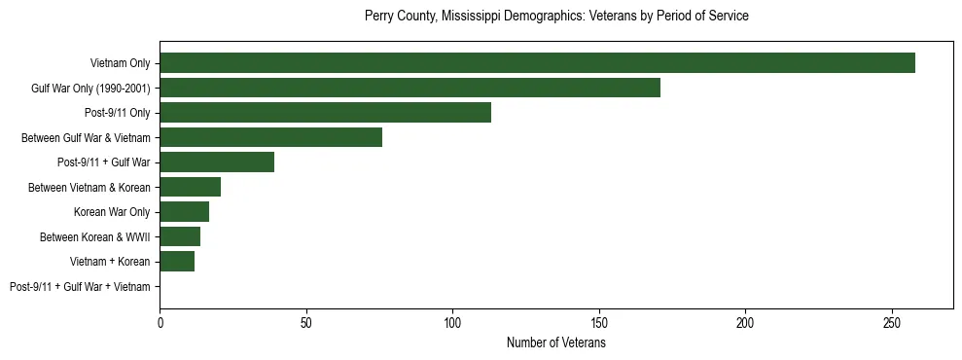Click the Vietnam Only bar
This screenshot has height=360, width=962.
point(537,63)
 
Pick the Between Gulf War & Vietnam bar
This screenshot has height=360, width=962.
point(270,137)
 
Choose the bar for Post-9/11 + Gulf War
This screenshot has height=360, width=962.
point(217,162)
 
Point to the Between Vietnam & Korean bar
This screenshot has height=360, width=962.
point(190,187)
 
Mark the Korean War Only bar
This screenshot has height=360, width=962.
point(184,212)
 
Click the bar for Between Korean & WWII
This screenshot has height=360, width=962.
point(180,236)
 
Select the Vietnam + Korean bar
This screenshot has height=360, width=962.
point(177,262)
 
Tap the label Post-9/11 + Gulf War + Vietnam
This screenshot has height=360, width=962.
point(80,287)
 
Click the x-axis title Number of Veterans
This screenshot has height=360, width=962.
point(555,342)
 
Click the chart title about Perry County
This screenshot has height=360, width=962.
point(555,17)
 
